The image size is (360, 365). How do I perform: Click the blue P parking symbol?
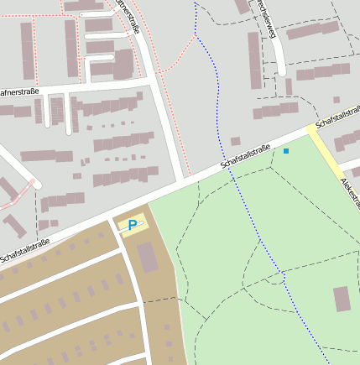click(132, 225)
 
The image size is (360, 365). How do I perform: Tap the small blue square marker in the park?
click(286, 151)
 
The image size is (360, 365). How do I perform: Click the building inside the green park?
click(342, 299)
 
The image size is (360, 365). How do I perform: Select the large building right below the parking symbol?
click(148, 257)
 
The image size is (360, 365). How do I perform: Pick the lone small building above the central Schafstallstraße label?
click(236, 141)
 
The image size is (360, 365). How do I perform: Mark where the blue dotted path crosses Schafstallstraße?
click(222, 164)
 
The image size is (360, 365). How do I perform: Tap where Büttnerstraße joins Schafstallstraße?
click(184, 180)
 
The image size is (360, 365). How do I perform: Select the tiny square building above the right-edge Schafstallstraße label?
click(336, 100)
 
